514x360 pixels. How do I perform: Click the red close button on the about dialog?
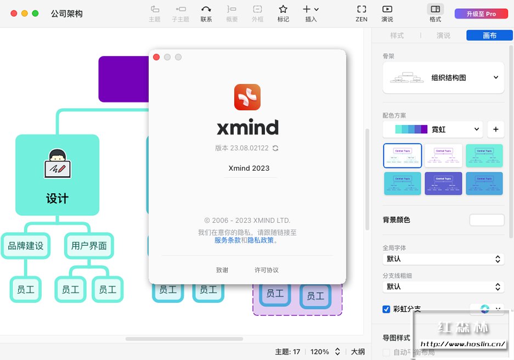156,57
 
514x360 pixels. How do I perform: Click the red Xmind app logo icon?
247,97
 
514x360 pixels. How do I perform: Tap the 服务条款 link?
227,240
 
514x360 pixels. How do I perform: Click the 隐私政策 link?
261,240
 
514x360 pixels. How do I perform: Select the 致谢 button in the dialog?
222,270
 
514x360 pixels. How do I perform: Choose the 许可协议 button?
267,270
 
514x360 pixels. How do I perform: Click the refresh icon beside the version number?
275,148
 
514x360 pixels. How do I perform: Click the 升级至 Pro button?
481,14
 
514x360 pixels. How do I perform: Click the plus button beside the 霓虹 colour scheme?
495,130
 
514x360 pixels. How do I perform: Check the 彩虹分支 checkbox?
386,309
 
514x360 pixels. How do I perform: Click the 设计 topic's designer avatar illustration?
58,164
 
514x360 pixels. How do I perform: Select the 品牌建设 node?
26,246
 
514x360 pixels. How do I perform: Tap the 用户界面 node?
89,246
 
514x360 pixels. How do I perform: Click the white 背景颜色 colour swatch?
487,220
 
